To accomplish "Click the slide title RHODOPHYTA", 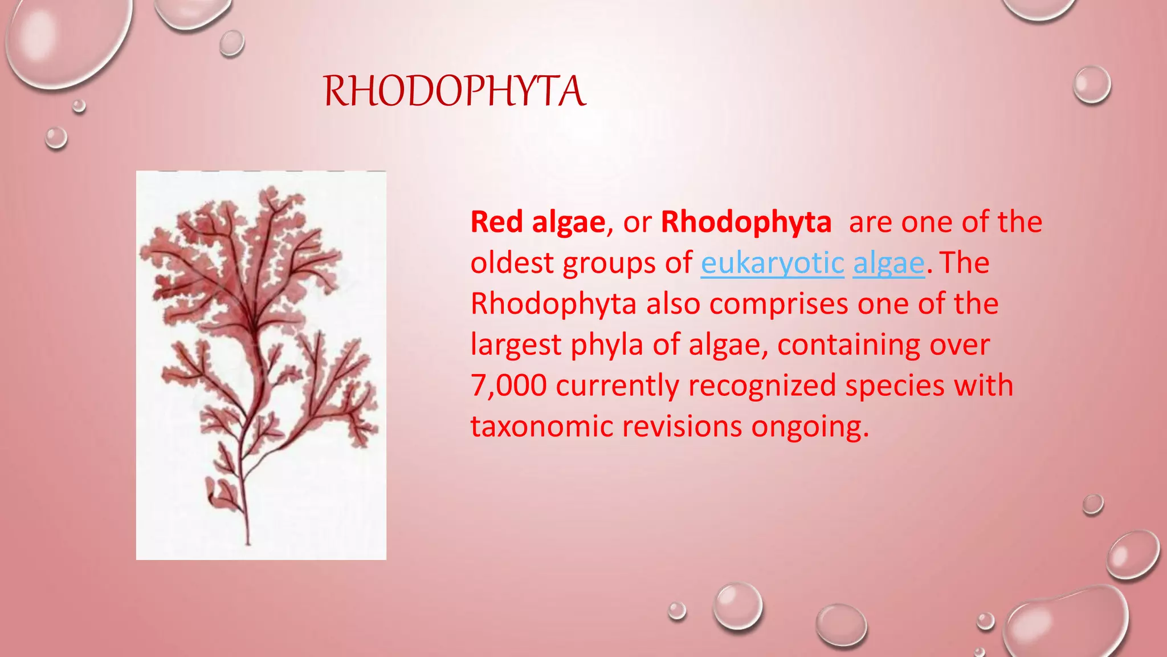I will (454, 91).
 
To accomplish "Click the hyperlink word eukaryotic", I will (772, 263).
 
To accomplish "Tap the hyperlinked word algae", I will (888, 263).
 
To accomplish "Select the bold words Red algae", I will (537, 222).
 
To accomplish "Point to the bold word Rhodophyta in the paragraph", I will (745, 222).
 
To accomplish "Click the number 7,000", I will (508, 386).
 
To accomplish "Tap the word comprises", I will (779, 304).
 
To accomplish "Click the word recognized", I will (762, 386).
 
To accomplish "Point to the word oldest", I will (512, 263).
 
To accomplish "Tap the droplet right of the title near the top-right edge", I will (1092, 85).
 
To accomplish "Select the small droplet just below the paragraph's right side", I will (1092, 504).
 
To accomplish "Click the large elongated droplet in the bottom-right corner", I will (1066, 624).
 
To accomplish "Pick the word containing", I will (848, 345).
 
